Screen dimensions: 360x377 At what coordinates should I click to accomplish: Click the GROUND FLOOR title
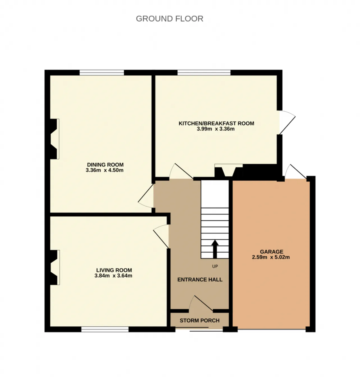tap(169, 19)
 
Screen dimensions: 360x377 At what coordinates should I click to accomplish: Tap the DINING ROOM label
tap(105, 165)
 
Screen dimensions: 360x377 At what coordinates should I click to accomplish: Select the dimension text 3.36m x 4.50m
tap(105, 170)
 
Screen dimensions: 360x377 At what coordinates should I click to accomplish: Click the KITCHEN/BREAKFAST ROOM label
tap(216, 124)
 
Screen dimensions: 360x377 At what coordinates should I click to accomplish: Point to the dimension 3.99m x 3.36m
tap(216, 129)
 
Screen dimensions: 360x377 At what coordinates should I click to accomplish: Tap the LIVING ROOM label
tap(114, 270)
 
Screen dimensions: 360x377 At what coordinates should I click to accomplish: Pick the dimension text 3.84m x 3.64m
tap(113, 275)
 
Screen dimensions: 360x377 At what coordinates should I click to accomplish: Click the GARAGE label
tap(271, 252)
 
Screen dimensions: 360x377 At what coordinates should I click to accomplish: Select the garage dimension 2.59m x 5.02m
tap(271, 257)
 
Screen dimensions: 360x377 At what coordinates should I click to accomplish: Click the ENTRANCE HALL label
tap(200, 280)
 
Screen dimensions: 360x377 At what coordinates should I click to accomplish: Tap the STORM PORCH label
tap(199, 320)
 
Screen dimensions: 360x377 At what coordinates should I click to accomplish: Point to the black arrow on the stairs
tap(215, 249)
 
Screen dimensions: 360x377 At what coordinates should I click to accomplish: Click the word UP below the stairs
tap(215, 266)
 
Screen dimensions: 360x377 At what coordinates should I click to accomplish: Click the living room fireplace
tap(55, 267)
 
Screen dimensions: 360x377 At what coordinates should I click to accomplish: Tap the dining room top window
tap(102, 73)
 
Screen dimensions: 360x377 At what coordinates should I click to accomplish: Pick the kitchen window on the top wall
tap(204, 73)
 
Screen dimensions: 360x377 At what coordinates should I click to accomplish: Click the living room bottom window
tap(105, 329)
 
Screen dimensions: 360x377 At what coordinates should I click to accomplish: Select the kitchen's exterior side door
tap(287, 122)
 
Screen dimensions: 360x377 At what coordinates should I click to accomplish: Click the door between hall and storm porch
tap(201, 303)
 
